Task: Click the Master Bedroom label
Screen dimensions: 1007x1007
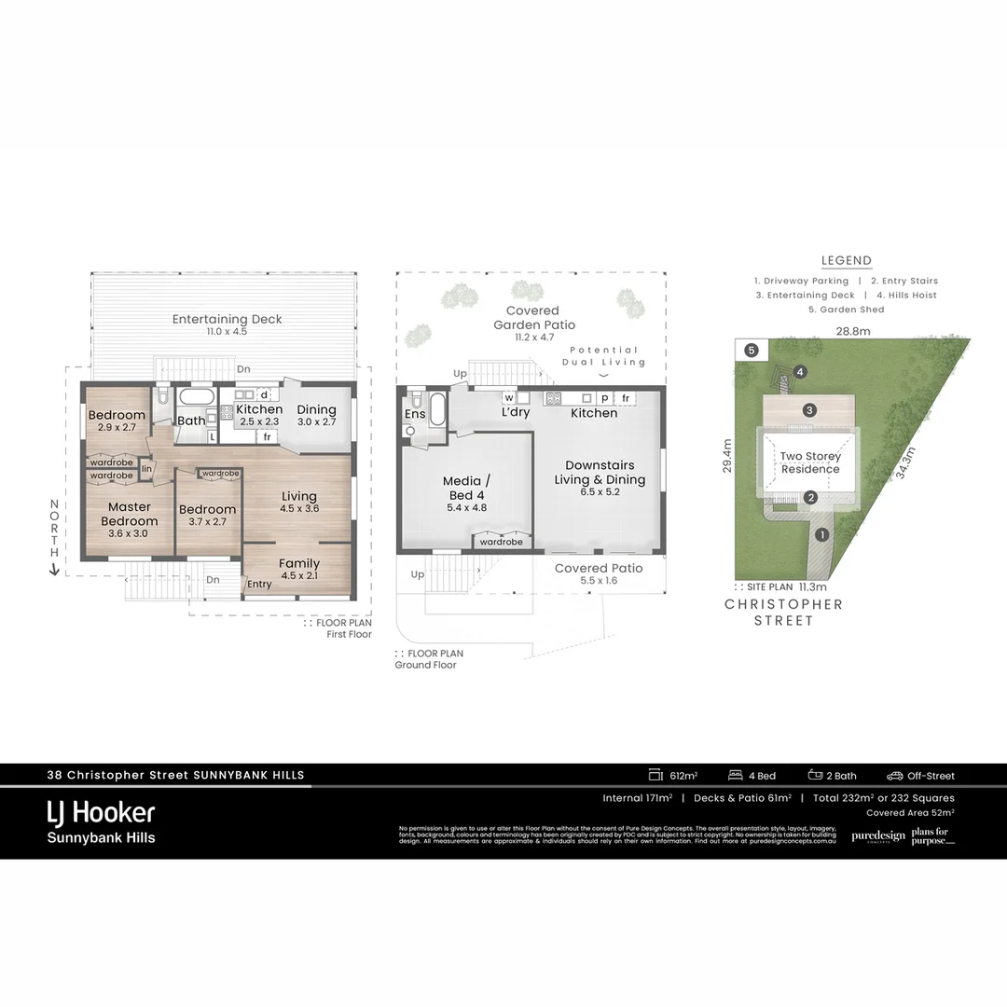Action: tap(130, 514)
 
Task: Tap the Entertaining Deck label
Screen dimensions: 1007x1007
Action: tap(227, 319)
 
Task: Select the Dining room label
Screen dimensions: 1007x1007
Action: tap(316, 409)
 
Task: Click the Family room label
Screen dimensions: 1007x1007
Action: tap(298, 563)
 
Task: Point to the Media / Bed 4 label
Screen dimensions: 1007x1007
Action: tap(466, 488)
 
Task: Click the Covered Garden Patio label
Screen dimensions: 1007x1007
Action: tap(532, 317)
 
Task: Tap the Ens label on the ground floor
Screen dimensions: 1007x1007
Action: tap(413, 413)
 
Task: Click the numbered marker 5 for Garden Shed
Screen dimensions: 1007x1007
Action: tap(752, 351)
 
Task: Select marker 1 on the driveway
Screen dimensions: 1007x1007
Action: tap(821, 534)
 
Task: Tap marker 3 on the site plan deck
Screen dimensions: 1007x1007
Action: tap(809, 410)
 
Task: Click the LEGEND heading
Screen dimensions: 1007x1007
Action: tap(846, 261)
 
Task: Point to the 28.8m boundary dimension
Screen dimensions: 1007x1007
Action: tap(852, 331)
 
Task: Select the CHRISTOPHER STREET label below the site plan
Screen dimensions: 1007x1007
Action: tap(783, 612)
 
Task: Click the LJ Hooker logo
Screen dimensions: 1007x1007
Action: tap(101, 812)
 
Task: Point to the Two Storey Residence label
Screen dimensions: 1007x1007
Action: tap(809, 462)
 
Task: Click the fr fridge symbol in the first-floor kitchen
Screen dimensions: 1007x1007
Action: tap(268, 436)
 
